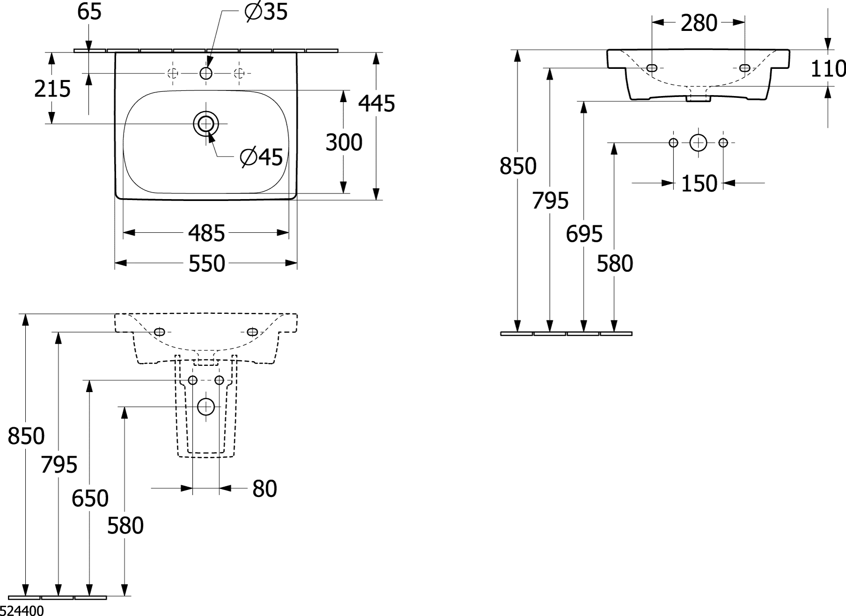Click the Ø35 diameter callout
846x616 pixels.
266,12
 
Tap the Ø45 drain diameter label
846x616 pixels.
261,157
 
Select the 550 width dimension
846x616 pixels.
206,264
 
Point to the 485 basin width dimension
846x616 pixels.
206,233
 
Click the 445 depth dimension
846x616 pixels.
377,103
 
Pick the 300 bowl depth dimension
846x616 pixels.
344,142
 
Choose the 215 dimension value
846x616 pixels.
52,89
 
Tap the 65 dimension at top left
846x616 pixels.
89,11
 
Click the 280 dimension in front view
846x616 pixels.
699,23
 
